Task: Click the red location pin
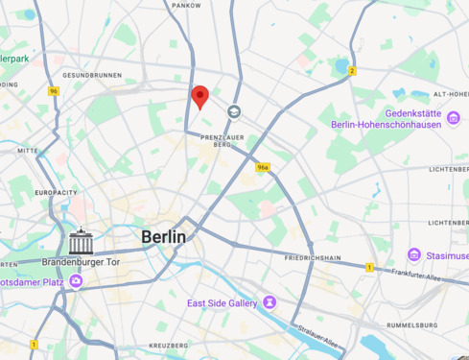200,97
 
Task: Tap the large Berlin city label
163,236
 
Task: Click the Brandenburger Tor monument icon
81,242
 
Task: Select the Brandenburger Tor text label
81,262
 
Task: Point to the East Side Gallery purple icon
270,302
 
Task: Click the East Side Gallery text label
223,303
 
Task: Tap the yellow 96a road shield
263,167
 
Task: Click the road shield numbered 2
352,70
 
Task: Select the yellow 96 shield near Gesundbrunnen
54,91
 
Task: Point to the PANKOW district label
186,5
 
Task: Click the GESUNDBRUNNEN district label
92,75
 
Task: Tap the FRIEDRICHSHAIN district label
313,257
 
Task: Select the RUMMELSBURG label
411,324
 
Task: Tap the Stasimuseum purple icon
414,254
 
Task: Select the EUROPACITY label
56,192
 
